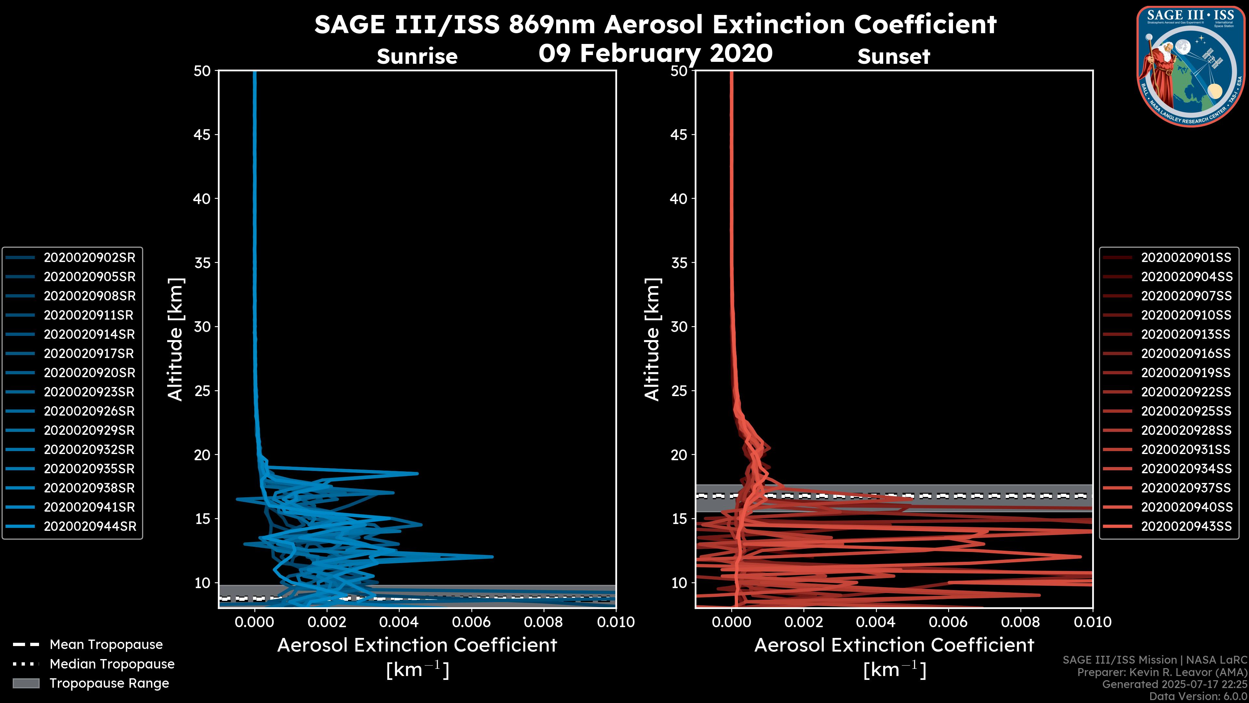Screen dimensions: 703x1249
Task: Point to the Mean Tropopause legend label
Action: click(x=106, y=645)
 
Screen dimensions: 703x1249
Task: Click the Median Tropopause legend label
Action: click(x=112, y=664)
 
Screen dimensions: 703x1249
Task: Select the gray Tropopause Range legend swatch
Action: click(x=26, y=683)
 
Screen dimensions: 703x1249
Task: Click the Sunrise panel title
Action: click(x=417, y=57)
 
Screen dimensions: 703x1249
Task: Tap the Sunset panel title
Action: click(x=893, y=57)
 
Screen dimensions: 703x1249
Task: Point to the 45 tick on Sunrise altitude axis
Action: click(x=202, y=135)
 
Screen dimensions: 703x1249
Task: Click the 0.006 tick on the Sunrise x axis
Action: click(x=471, y=622)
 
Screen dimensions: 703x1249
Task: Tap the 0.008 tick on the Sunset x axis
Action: click(x=1021, y=622)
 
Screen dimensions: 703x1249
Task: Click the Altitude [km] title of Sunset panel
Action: click(x=652, y=339)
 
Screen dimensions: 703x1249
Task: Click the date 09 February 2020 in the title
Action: click(x=655, y=53)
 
